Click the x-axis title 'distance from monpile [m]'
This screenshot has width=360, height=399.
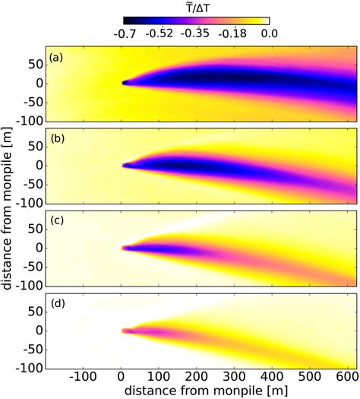point(201,390)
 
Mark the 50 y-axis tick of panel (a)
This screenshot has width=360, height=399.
point(33,64)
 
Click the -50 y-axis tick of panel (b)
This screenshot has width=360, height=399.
point(30,185)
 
